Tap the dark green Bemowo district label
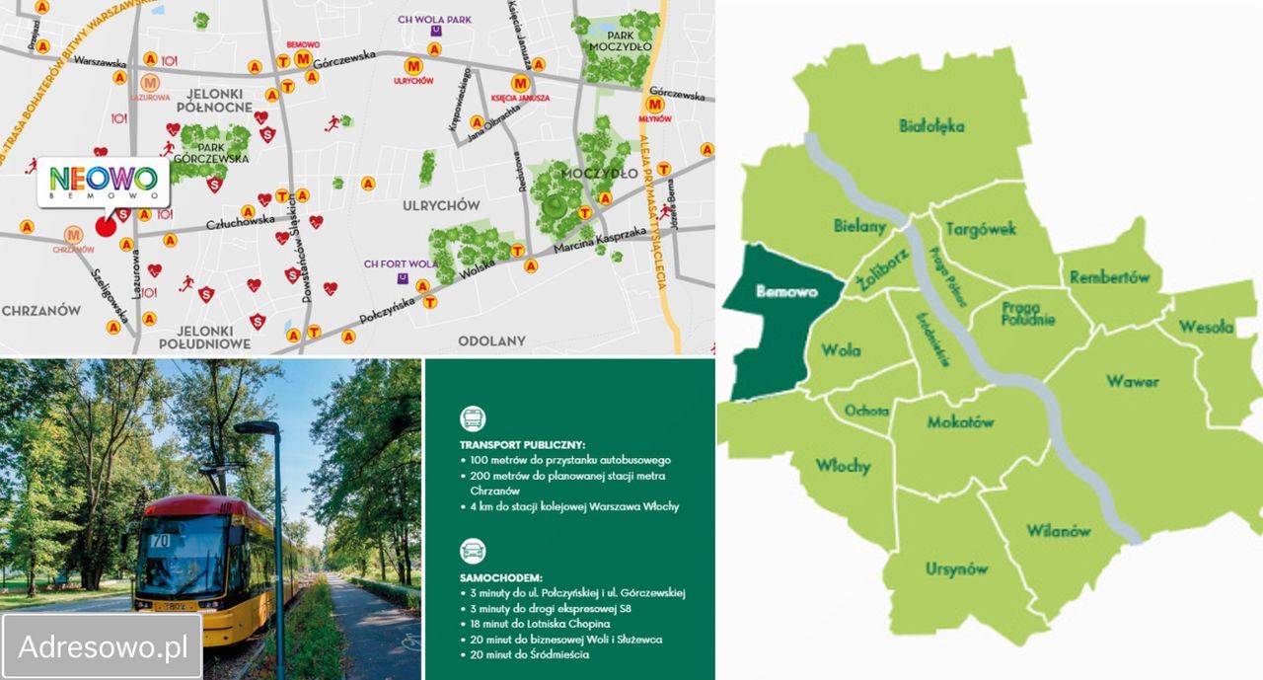[782, 292]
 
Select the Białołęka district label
[931, 125]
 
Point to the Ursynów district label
[956, 568]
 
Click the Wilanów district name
[1058, 531]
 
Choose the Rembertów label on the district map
[1110, 277]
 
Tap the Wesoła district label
[1206, 327]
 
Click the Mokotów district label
[960, 422]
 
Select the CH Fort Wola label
[400, 264]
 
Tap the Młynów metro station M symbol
[653, 104]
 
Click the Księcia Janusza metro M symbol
[519, 84]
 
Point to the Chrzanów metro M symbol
[73, 235]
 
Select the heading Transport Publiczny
[522, 445]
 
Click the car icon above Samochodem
[473, 551]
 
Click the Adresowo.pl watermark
[103, 646]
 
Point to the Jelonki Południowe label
[204, 337]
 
